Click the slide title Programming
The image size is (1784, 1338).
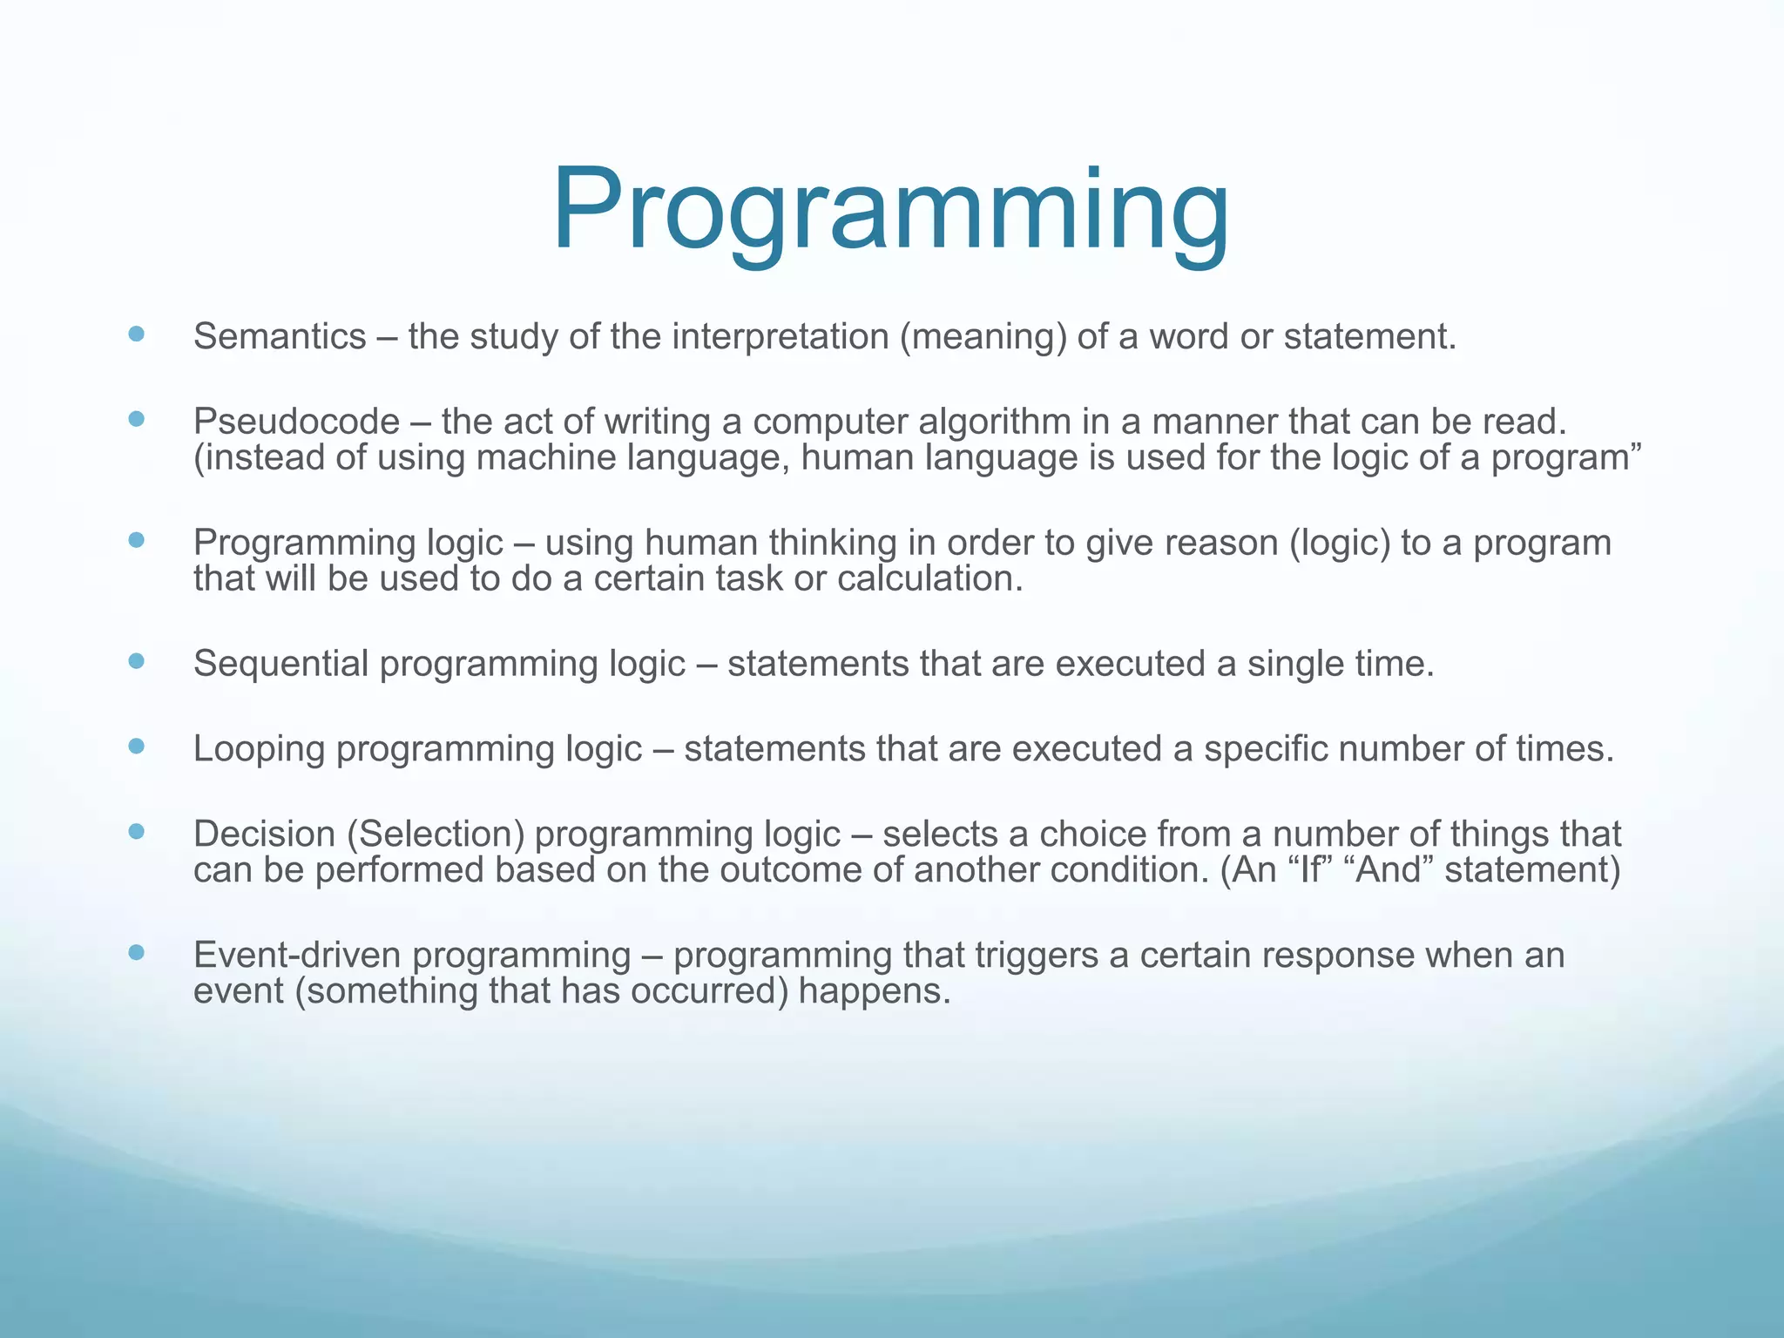pyautogui.click(x=890, y=212)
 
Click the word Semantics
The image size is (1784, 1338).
pyautogui.click(x=280, y=337)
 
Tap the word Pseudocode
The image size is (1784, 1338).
pyautogui.click(x=296, y=422)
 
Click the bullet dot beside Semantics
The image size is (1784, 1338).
pyautogui.click(x=136, y=334)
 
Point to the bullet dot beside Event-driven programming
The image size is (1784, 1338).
pyautogui.click(x=136, y=952)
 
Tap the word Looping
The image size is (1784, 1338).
pyautogui.click(x=259, y=749)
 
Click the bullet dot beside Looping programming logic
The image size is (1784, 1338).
pyautogui.click(x=136, y=746)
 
